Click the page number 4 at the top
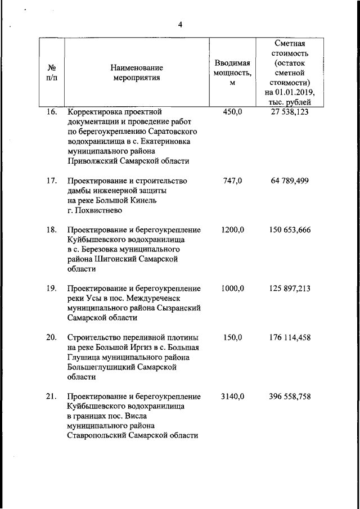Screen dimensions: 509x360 point(180,24)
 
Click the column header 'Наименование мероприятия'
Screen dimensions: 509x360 point(136,73)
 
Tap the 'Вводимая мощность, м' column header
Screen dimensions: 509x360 point(232,73)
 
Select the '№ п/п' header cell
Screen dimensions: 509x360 point(51,73)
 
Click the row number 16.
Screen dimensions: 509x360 point(51,112)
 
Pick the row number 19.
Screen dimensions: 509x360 point(51,289)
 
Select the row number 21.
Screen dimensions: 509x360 point(51,397)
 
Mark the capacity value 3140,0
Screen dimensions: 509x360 point(232,397)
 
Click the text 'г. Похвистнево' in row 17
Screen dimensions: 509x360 point(94,210)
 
